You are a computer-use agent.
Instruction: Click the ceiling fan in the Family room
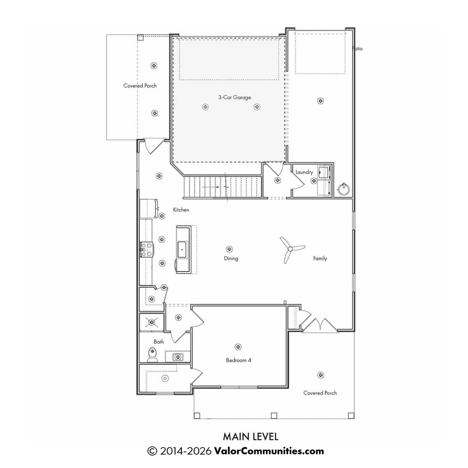pyautogui.click(x=290, y=249)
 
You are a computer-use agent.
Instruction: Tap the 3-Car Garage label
pyautogui.click(x=234, y=97)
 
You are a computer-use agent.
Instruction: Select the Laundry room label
pyautogui.click(x=304, y=172)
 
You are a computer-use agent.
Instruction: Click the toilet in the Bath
pyautogui.click(x=152, y=355)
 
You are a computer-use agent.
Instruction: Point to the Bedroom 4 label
pyautogui.click(x=238, y=360)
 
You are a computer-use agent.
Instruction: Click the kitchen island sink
pyautogui.click(x=182, y=250)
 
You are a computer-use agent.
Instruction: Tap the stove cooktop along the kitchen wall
pyautogui.click(x=147, y=250)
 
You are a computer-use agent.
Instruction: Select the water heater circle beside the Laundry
pyautogui.click(x=344, y=189)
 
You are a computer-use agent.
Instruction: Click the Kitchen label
pyautogui.click(x=181, y=210)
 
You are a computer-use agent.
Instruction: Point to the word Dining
pyautogui.click(x=231, y=259)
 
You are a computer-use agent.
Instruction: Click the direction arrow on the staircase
pyautogui.click(x=211, y=187)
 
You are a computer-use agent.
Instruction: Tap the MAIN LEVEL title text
pyautogui.click(x=250, y=437)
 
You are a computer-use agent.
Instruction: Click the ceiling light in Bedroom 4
pyautogui.click(x=238, y=347)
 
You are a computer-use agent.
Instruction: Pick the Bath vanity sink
pyautogui.click(x=178, y=357)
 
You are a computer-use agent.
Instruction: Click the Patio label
pyautogui.click(x=358, y=49)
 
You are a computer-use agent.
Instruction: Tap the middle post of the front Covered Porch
pyautogui.click(x=274, y=415)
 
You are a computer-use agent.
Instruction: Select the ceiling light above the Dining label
pyautogui.click(x=229, y=249)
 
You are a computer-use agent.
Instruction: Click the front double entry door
pyautogui.click(x=320, y=324)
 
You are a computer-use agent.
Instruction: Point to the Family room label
pyautogui.click(x=320, y=259)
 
